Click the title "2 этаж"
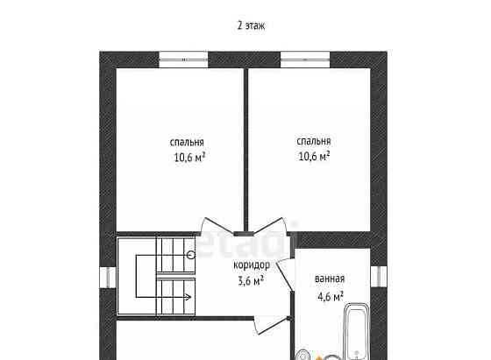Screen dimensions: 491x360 pos(251,25)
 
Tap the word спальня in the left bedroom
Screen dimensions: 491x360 pos(187,142)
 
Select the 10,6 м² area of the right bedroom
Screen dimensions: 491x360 pos(314,156)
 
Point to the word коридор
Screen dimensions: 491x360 pos(252,265)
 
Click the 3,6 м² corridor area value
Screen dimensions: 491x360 pos(251,280)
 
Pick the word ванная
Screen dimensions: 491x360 pos(330,279)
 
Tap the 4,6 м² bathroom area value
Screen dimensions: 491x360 pos(331,296)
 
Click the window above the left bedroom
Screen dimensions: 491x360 pos(183,60)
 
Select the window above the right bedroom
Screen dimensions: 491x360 pos(305,60)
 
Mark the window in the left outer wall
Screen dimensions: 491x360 pos(108,277)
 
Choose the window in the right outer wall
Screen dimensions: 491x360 pos(379,277)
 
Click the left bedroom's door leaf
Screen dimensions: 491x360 pos(218,225)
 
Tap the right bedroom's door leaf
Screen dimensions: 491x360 pos(270,225)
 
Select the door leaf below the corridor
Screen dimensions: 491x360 pos(271,325)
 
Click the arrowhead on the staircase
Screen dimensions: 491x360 pos(188,297)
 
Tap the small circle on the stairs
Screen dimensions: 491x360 pos(191,255)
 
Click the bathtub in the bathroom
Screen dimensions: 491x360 pos(356,332)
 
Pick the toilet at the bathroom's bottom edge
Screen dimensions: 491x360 pos(302,355)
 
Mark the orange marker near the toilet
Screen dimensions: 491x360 pos(318,358)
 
